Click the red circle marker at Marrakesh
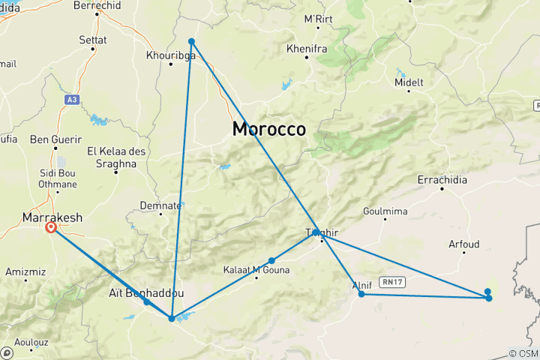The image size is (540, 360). (x=51, y=227)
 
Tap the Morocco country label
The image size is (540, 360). (x=268, y=129)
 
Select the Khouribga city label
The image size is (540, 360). (x=171, y=56)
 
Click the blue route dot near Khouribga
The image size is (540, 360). (x=191, y=41)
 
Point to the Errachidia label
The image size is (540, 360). (x=442, y=181)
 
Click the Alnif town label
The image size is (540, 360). (x=361, y=285)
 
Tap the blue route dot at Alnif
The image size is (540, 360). (x=361, y=294)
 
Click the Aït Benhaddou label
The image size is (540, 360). (x=142, y=293)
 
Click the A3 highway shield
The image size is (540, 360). (x=71, y=99)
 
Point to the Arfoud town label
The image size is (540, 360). (x=463, y=244)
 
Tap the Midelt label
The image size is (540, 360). (x=409, y=82)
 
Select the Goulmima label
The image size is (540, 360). (x=384, y=211)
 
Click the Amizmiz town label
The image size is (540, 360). (x=25, y=271)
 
